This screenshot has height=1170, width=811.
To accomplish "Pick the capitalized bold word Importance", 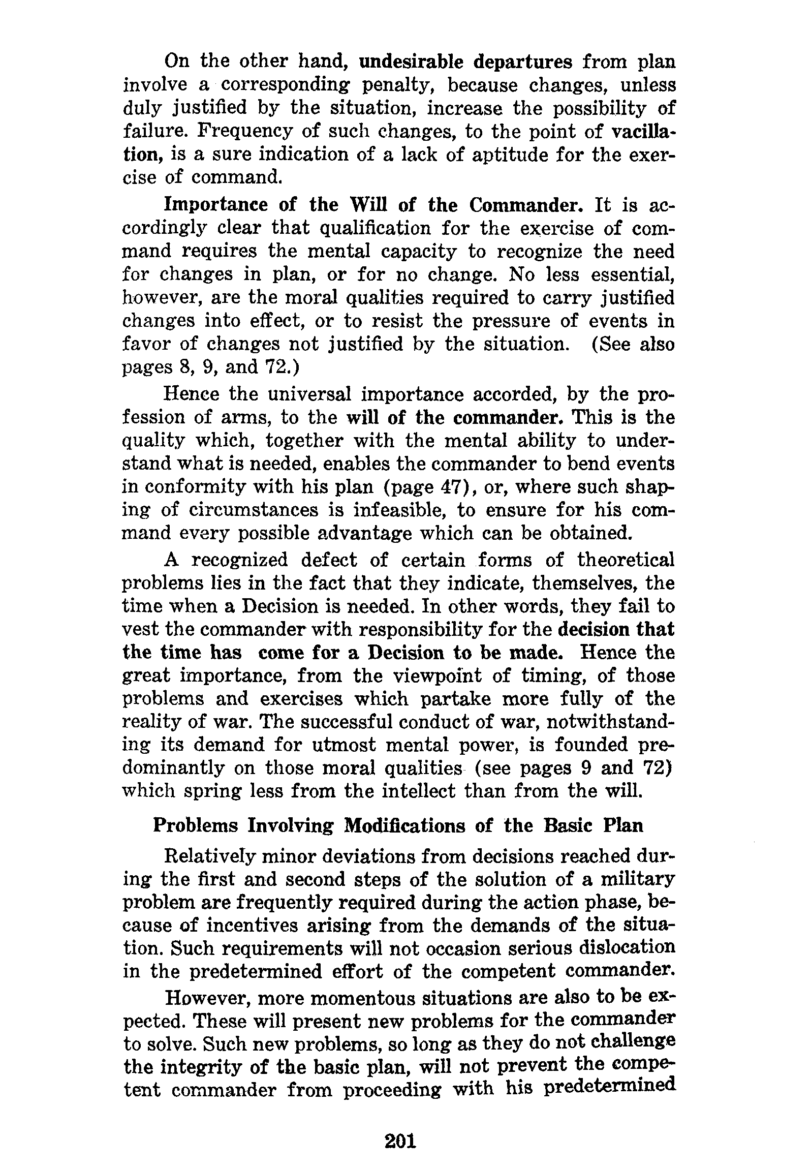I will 216,204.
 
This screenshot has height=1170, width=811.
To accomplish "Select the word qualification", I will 375,228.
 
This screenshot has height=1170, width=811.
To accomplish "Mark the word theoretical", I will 626,560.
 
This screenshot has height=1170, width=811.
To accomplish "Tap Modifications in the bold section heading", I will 404,825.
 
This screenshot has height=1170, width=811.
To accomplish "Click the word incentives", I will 246,926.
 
